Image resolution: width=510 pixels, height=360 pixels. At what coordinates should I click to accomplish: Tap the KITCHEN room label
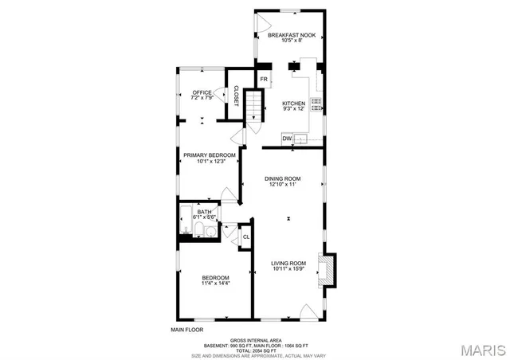(293, 104)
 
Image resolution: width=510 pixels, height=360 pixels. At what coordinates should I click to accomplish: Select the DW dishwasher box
(286, 139)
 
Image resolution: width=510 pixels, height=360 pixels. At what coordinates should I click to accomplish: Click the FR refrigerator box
(264, 79)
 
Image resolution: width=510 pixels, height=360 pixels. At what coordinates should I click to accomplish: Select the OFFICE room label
(202, 93)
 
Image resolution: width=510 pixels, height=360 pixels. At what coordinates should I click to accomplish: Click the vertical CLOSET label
(236, 95)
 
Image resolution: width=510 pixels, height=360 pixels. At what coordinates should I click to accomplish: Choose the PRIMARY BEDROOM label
(209, 155)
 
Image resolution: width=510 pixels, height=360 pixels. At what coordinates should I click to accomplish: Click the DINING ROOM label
(282, 178)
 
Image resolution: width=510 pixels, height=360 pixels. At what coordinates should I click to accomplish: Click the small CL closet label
(246, 237)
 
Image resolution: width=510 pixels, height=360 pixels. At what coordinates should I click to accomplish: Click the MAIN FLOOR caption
(187, 329)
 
